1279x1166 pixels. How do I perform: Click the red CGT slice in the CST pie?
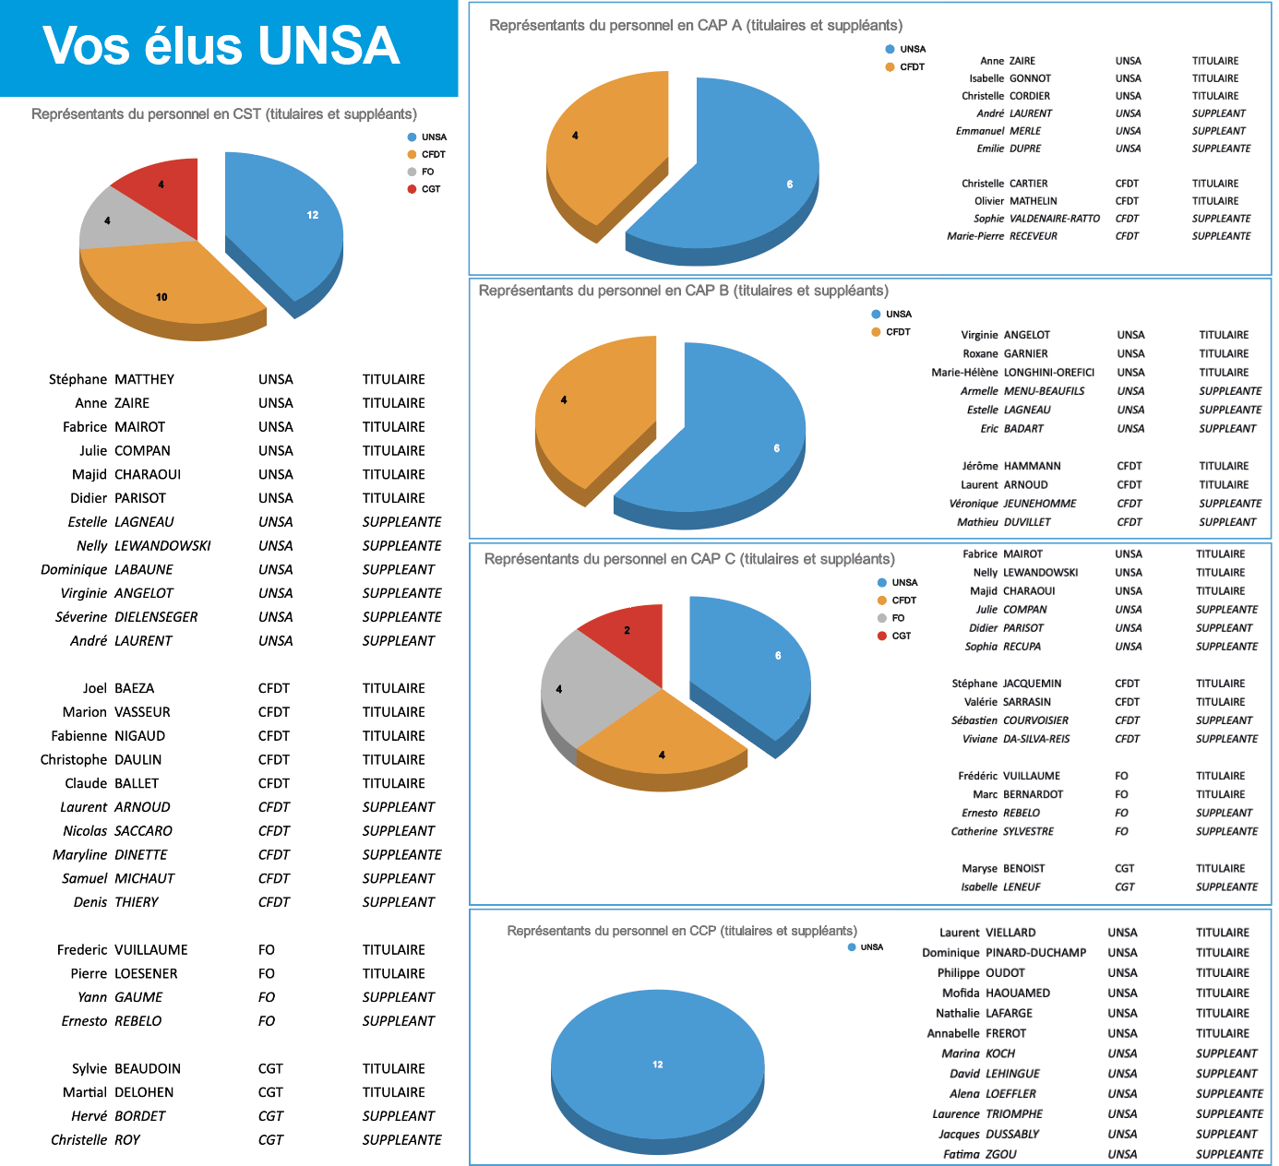166,194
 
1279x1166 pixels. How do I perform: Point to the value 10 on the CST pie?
161,297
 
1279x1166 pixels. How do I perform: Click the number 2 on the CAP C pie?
627,631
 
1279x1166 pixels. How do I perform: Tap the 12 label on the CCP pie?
658,1065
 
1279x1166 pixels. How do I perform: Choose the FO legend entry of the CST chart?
427,172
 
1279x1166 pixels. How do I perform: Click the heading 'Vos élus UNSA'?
221,46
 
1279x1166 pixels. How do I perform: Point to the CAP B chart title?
684,291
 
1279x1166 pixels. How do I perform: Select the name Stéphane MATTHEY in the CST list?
112,379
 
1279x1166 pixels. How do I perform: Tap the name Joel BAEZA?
118,688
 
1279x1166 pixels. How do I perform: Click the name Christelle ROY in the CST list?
95,1140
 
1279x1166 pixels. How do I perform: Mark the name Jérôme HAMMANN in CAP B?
1011,466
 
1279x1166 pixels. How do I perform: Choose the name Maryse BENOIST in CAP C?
1003,868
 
